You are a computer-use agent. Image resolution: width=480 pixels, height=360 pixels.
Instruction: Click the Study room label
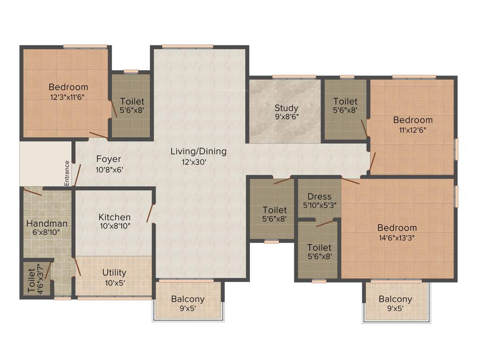(x=286, y=108)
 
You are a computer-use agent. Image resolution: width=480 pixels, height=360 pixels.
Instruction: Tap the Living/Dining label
(x=198, y=151)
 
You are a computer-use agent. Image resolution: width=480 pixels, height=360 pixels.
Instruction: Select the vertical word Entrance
(x=67, y=173)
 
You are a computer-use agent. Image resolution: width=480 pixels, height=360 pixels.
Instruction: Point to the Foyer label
(x=109, y=159)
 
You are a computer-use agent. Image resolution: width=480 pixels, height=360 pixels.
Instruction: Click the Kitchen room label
(x=114, y=217)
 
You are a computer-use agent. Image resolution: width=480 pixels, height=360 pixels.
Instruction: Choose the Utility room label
(x=114, y=273)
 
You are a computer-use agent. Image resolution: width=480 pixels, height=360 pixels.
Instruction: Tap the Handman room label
(x=47, y=224)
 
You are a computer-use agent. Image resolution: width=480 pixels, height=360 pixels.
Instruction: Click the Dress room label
(x=320, y=197)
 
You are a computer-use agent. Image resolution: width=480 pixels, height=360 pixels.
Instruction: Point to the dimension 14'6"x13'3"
(x=397, y=237)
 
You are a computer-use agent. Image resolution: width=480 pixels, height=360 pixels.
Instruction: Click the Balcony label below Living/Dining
(x=187, y=299)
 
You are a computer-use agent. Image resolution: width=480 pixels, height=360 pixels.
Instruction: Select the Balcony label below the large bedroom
(x=395, y=299)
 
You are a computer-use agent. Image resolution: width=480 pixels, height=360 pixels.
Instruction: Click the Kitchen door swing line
(x=150, y=214)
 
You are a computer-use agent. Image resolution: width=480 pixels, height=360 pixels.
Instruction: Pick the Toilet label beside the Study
(x=345, y=101)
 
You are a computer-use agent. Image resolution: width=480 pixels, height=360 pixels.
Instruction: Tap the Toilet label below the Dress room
(x=319, y=247)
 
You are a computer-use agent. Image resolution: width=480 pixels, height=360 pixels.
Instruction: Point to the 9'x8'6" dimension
(x=286, y=118)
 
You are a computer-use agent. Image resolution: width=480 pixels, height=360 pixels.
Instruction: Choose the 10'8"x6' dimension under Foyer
(x=109, y=170)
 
